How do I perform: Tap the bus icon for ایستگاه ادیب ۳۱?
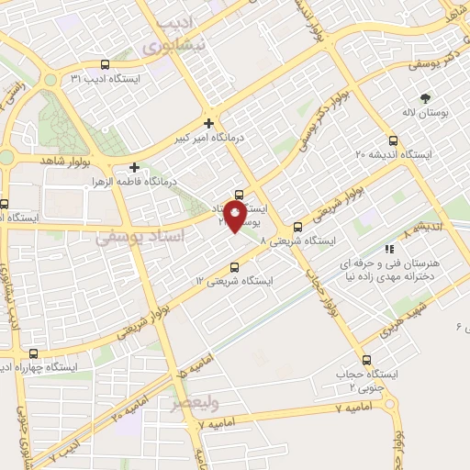104,65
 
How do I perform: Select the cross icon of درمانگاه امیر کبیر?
209,123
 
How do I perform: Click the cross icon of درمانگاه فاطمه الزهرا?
135,167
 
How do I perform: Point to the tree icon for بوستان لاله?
425,96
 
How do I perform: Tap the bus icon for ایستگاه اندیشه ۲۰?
393,140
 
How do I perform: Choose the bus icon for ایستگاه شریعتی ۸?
297,228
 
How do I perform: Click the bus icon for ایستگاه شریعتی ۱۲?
233,267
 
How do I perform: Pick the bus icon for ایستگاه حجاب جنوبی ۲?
367,360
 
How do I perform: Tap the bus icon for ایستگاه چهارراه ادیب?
34,353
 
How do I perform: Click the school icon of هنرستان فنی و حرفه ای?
390,248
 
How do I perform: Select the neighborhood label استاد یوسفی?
133,238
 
